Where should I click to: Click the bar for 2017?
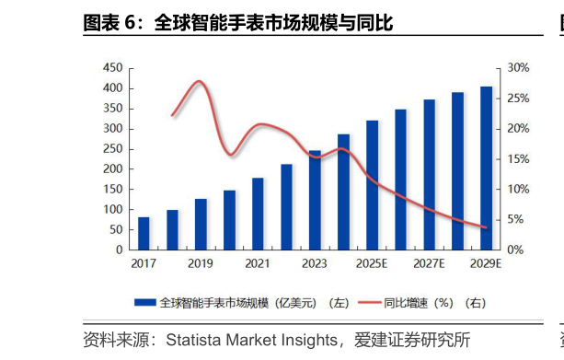(144, 233)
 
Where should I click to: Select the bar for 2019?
(201, 224)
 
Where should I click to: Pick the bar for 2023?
(315, 200)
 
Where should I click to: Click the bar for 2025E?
(372, 184)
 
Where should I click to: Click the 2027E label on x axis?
(429, 264)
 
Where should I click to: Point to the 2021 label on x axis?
(258, 264)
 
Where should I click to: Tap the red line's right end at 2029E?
(486, 226)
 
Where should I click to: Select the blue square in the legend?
(144, 301)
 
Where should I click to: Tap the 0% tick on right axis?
(516, 250)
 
